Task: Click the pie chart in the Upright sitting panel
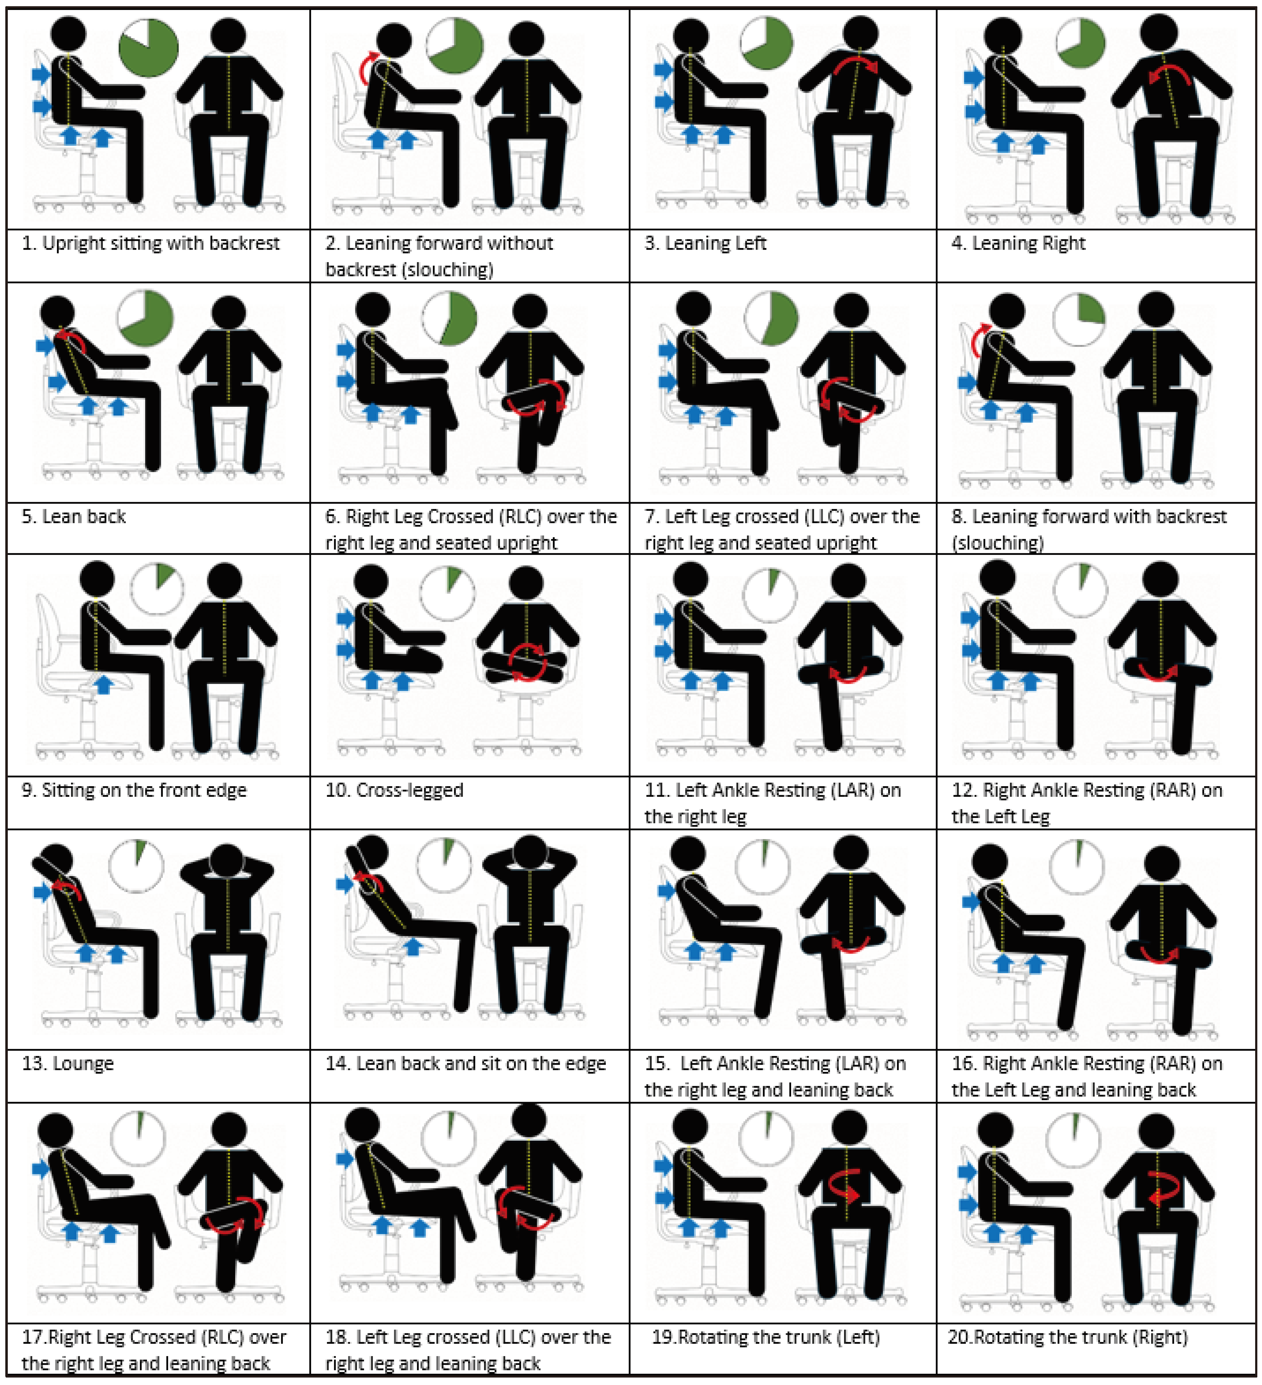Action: (x=149, y=47)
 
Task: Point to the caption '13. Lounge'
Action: (x=67, y=1063)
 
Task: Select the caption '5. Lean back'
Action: (x=74, y=517)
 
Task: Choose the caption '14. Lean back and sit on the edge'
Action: (x=465, y=1063)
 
